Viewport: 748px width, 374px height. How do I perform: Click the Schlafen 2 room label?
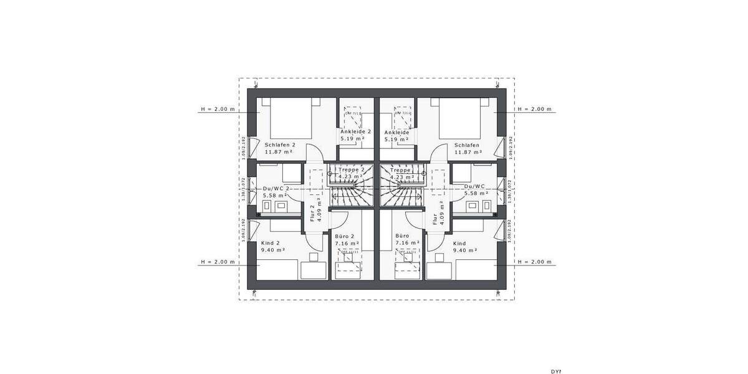(x=280, y=145)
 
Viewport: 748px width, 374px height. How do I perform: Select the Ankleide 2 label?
(x=356, y=132)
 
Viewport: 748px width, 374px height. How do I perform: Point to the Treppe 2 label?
(x=351, y=170)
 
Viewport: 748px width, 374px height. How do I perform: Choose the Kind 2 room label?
(x=271, y=242)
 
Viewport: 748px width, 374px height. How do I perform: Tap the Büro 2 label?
(x=345, y=237)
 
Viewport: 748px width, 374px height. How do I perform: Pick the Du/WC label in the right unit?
(x=475, y=186)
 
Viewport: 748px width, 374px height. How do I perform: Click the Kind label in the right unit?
(x=459, y=243)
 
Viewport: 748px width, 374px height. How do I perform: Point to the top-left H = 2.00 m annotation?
(x=218, y=109)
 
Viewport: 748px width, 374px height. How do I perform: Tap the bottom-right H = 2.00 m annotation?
(x=535, y=262)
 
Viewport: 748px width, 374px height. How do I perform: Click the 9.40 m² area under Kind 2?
(x=273, y=250)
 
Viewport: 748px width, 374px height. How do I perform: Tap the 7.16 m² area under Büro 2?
(x=345, y=244)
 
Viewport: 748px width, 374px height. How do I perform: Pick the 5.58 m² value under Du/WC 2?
(x=274, y=194)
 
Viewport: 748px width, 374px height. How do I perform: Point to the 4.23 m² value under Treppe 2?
(x=350, y=176)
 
